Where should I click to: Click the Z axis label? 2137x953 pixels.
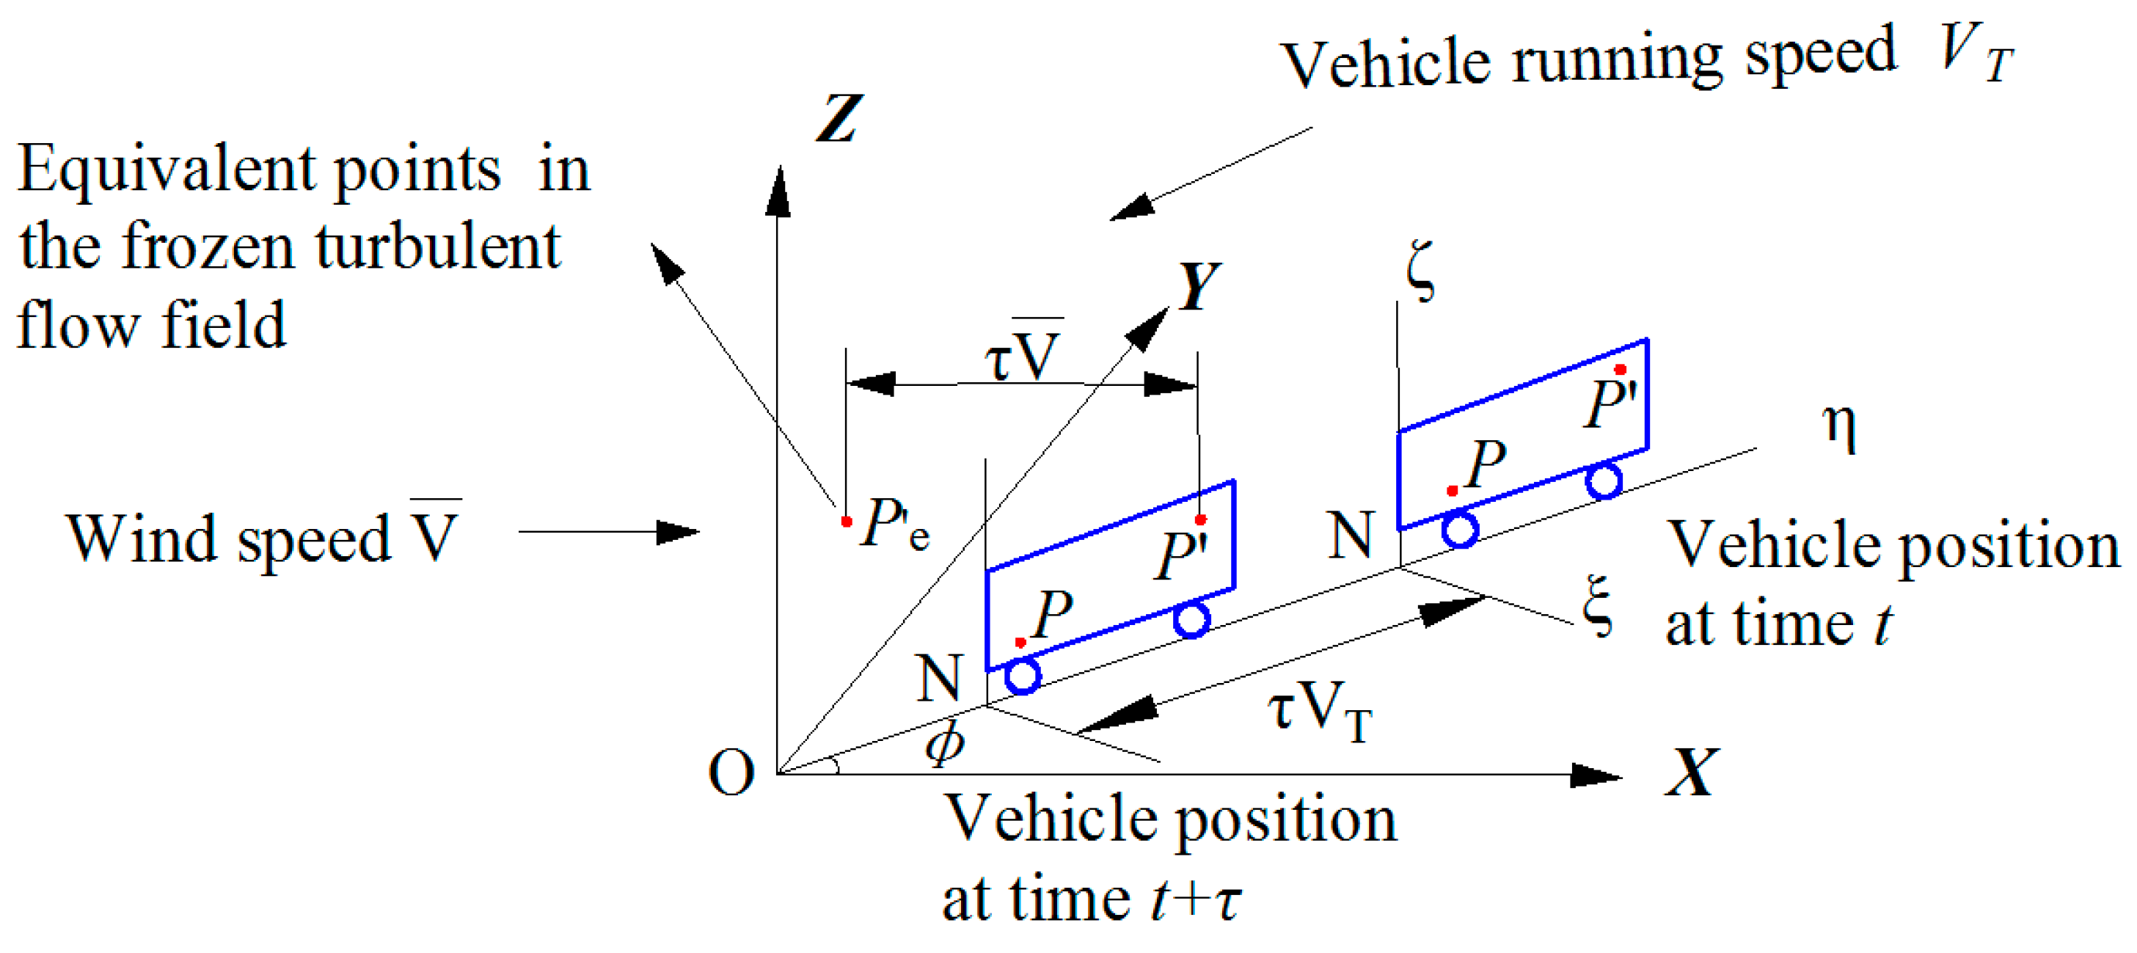(x=839, y=119)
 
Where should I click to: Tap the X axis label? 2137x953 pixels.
(x=1691, y=773)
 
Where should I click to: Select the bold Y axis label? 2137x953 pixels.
(x=1198, y=285)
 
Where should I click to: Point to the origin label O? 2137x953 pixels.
(x=731, y=773)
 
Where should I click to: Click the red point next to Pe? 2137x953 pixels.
(x=846, y=522)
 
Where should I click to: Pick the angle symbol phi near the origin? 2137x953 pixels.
(x=945, y=742)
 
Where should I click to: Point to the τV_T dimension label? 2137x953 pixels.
(x=1319, y=712)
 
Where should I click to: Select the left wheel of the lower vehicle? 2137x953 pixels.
(x=1023, y=676)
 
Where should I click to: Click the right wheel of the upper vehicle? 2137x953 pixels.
(x=1604, y=481)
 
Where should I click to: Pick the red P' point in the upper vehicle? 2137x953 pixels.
(x=1620, y=370)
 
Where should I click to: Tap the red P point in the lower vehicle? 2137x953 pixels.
(x=1020, y=643)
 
